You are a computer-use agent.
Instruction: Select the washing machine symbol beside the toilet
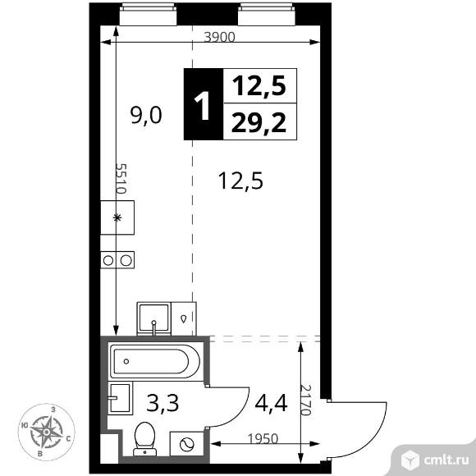pos(185,443)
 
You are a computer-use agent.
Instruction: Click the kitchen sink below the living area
pos(153,316)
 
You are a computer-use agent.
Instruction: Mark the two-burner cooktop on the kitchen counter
pos(117,261)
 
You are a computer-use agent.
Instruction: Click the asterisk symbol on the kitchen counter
pos(117,218)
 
